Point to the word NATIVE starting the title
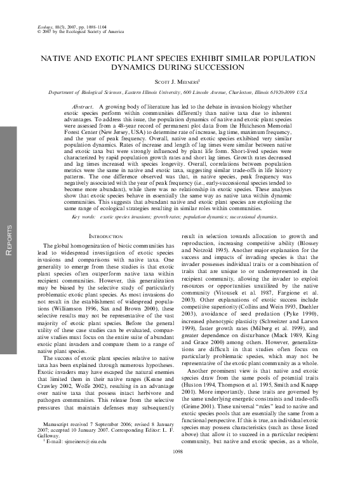coord(59,57)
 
